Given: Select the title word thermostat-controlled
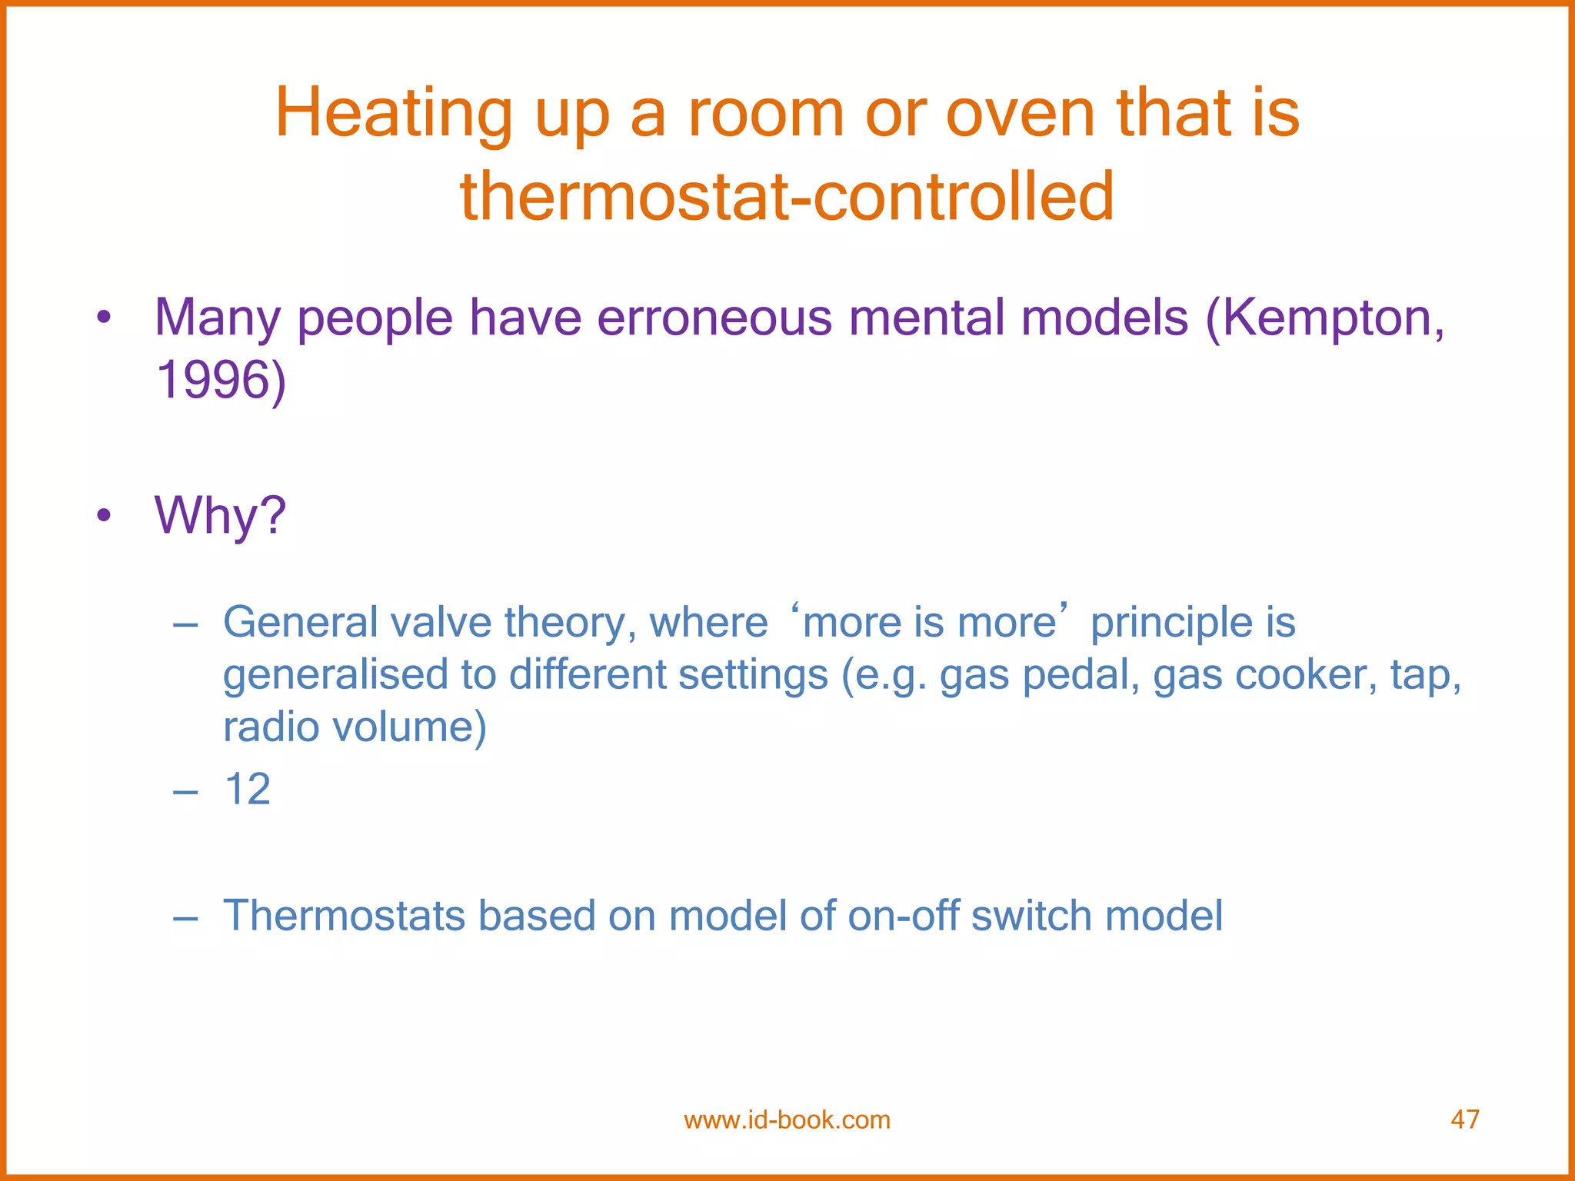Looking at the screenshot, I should [787, 197].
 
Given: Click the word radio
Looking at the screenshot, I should [271, 727].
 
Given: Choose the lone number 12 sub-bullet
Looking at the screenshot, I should [247, 789].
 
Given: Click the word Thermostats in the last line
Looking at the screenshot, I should [344, 915].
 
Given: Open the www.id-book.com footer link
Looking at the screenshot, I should [787, 1119].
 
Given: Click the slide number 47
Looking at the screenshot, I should [1464, 1119].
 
